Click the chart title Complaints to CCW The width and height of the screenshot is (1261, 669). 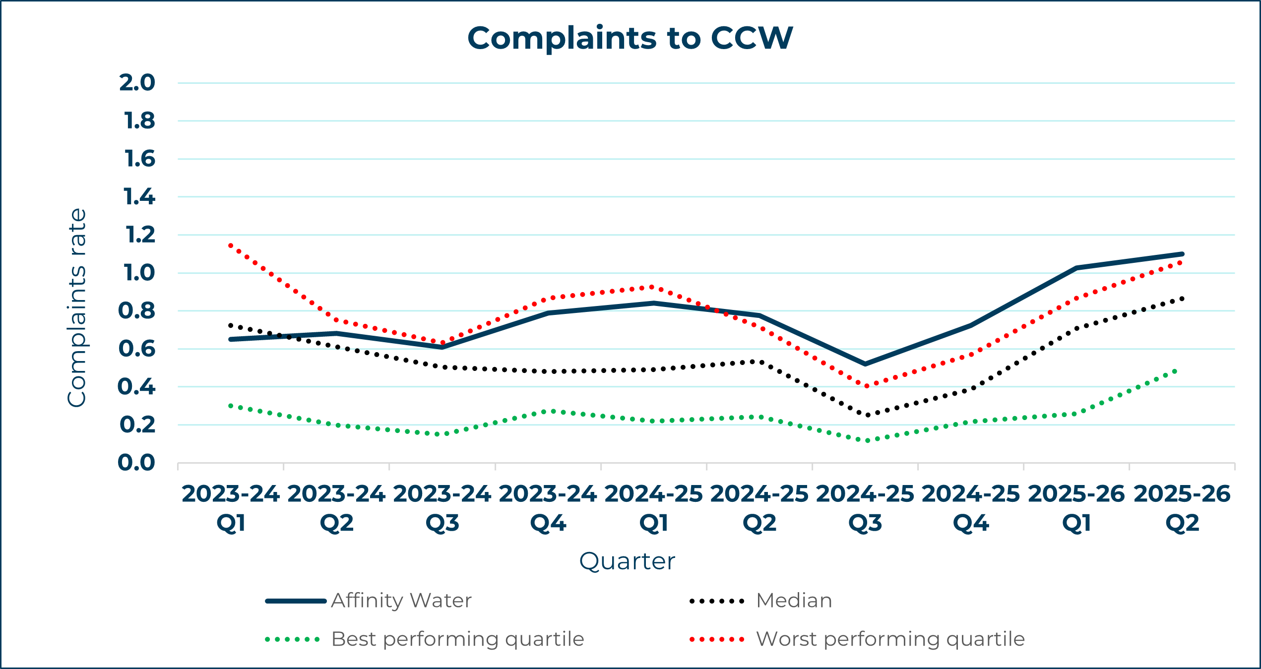[630, 38]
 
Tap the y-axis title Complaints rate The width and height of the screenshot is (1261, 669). [77, 307]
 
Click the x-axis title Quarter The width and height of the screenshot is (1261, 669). [627, 561]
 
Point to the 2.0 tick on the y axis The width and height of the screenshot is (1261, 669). [137, 83]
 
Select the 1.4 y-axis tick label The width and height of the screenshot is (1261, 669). [139, 197]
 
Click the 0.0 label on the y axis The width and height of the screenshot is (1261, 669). [136, 463]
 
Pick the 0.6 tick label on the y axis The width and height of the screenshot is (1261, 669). [137, 349]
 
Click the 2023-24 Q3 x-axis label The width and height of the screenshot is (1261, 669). [442, 508]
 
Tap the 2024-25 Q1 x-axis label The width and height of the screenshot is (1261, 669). [653, 508]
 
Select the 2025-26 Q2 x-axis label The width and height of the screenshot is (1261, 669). [1182, 508]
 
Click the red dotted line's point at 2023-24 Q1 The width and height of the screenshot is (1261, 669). [231, 245]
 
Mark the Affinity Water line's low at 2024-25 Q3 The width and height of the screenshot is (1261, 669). [865, 364]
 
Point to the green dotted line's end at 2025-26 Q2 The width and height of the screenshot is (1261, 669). [1175, 370]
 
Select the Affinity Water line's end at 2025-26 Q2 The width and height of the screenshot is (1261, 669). [1182, 254]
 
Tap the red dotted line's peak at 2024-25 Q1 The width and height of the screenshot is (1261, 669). [652, 287]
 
